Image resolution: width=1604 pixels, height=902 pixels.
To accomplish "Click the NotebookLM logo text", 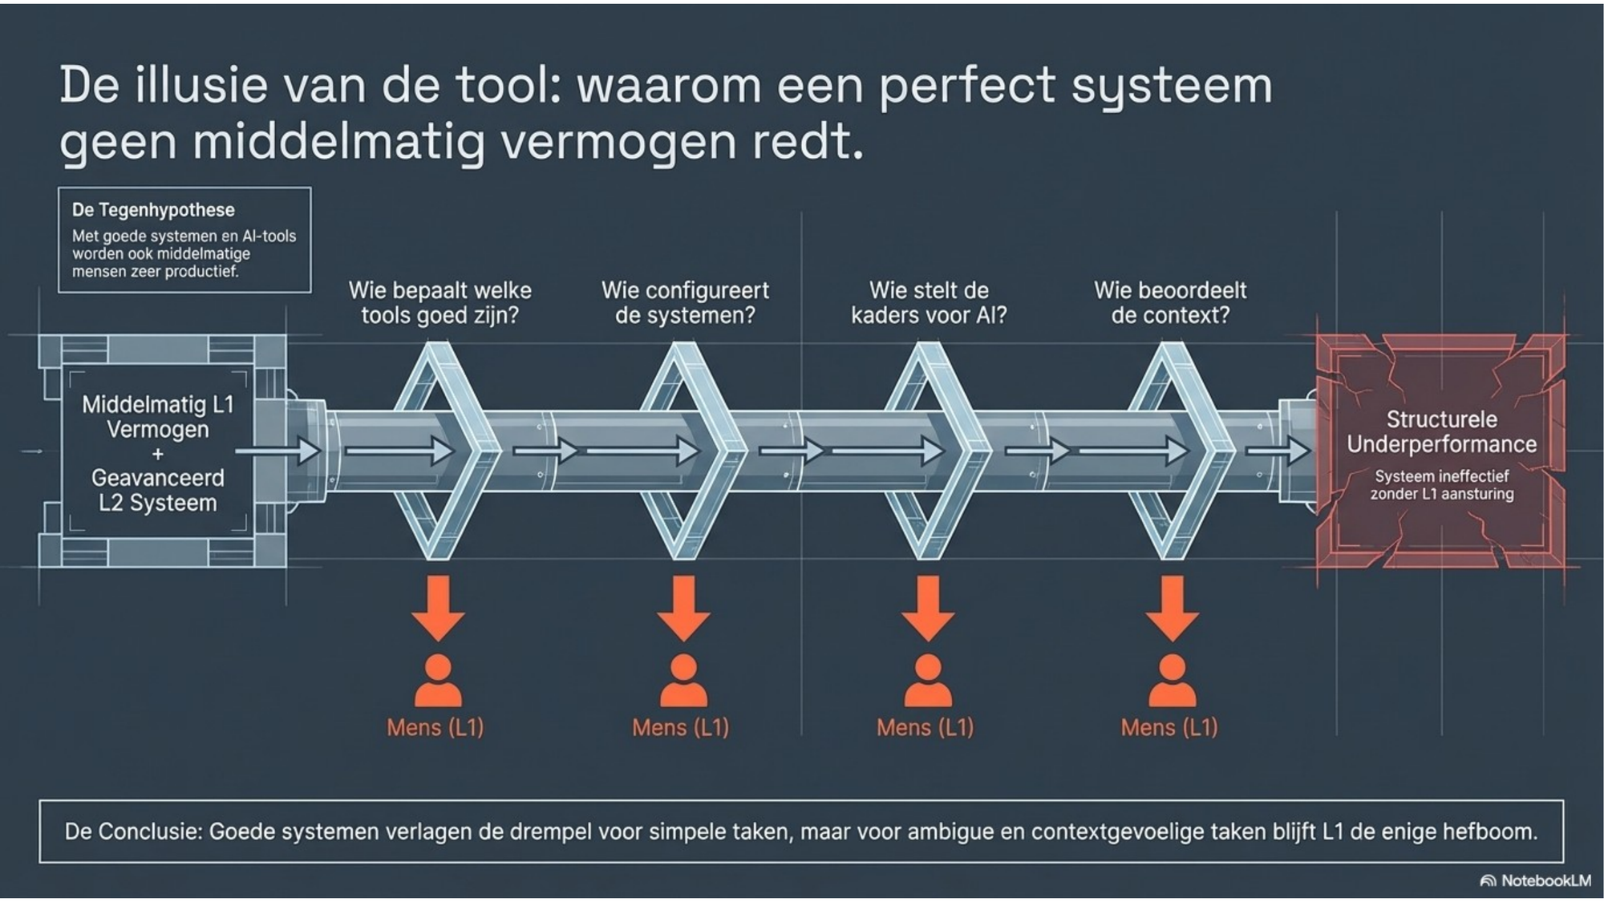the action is coord(1545,880).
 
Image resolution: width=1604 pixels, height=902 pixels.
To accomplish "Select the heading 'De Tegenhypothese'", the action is coord(153,210).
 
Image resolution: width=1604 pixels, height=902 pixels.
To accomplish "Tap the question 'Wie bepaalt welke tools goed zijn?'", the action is coord(439,302).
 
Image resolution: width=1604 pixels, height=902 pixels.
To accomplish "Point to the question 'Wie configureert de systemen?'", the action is coord(685,302).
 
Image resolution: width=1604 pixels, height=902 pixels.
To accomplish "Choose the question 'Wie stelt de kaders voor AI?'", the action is coord(929,302).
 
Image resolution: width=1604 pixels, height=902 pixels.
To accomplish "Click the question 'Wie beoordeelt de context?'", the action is coord(1170,302).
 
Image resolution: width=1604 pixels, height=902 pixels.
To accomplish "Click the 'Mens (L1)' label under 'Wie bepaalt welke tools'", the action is coord(435,727).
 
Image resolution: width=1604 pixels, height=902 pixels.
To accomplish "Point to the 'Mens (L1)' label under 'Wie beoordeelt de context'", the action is coord(1169,727).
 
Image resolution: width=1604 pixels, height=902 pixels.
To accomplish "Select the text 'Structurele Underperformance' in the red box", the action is coord(1441,431).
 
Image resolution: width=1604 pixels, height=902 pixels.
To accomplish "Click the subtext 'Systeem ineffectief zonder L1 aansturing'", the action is coord(1441,485).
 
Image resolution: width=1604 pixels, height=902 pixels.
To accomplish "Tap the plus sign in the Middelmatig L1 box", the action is coord(158,454).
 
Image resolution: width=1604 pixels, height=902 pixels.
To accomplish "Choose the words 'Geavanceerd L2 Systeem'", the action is coord(158,490).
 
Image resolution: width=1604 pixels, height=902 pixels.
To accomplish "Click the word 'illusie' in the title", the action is coord(200,85).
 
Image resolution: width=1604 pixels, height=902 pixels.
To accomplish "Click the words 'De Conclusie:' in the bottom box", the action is coord(133,831).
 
